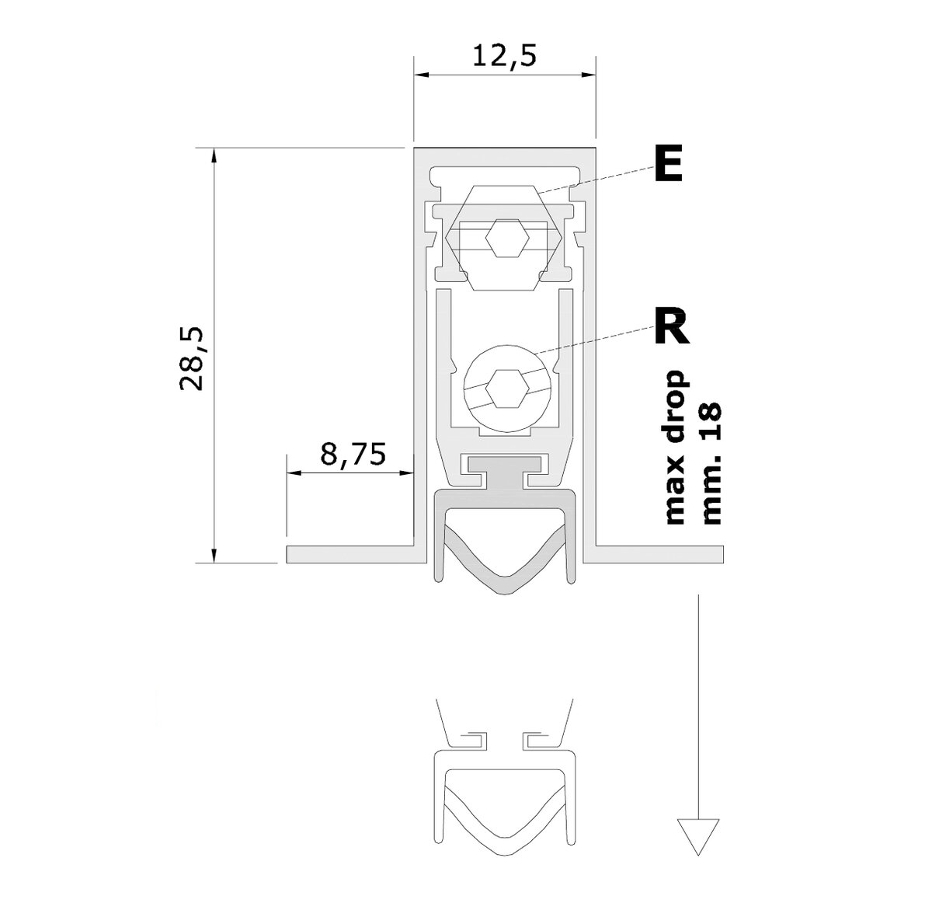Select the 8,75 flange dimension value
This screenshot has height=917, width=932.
353,454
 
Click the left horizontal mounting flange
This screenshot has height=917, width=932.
349,555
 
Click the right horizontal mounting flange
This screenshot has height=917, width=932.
660,555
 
